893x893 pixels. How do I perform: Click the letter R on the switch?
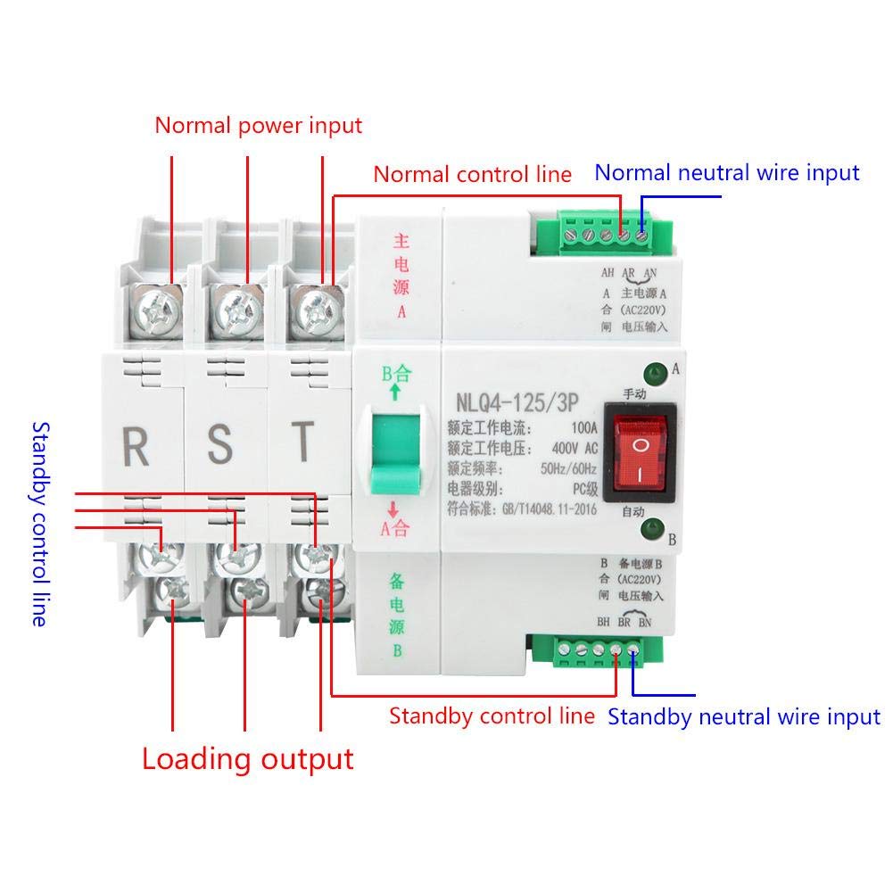pyautogui.click(x=136, y=445)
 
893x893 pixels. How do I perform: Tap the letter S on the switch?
pyautogui.click(x=219, y=445)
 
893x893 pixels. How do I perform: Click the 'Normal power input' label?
pyautogui.click(x=259, y=125)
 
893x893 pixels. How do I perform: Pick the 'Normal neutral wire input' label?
pyautogui.click(x=727, y=172)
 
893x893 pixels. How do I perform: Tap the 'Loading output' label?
pyautogui.click(x=248, y=759)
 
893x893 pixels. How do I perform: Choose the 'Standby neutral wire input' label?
pyautogui.click(x=744, y=716)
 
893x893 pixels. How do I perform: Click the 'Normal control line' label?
pyautogui.click(x=472, y=174)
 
